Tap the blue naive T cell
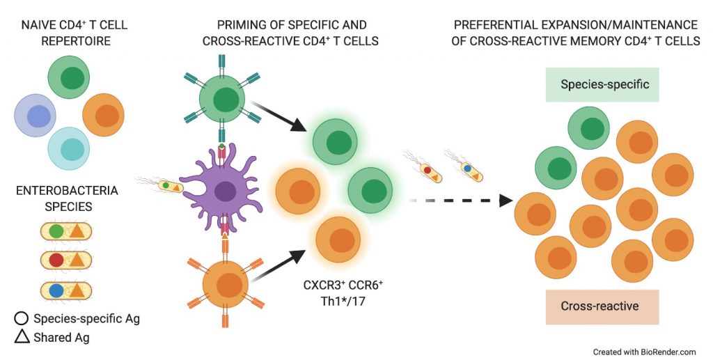pos(36,116)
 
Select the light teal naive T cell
pos(69,149)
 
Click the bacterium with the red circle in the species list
pos(66,260)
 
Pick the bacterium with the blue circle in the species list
pos(66,290)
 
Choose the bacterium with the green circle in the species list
pos(66,231)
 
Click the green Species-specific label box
pos(602,84)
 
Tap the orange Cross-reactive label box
pos(602,306)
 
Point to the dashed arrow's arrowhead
pos(506,201)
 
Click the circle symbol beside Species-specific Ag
pos(22,318)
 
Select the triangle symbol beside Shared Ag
pos(22,336)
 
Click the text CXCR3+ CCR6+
pos(343,285)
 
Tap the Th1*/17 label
pos(343,301)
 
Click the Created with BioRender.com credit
pos(644,352)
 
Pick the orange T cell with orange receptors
pos(225,285)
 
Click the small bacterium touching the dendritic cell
pos(166,185)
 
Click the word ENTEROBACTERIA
pos(68,191)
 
